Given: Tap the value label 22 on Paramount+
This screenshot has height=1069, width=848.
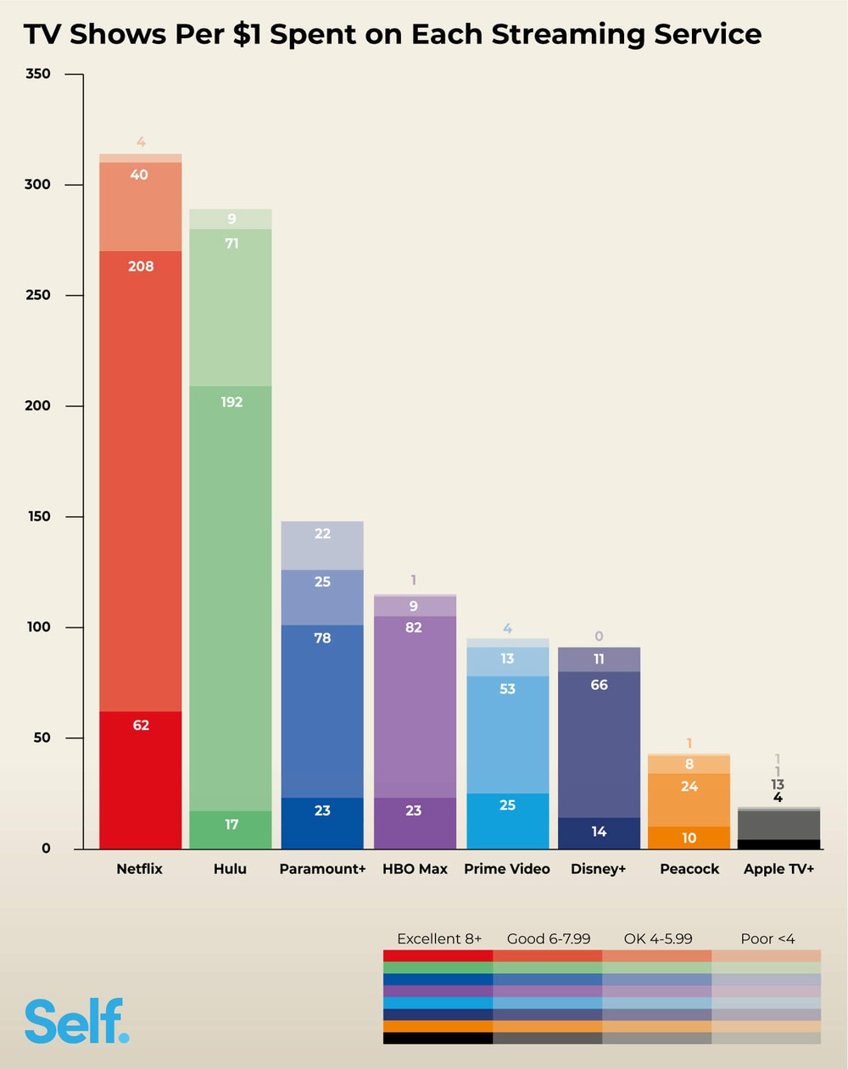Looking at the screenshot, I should coord(322,533).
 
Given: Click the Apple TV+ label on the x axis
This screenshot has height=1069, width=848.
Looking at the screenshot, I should coord(778,869).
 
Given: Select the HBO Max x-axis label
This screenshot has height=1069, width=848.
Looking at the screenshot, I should coord(415,869).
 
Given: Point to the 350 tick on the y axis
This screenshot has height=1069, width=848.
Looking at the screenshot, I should coord(38,74).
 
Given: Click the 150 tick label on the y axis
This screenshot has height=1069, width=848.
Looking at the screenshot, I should coord(38,516).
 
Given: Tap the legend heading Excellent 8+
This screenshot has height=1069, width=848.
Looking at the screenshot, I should coord(439,938).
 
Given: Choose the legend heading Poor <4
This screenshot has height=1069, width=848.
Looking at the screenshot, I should coord(767,938).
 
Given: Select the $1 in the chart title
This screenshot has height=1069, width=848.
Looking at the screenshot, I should coord(247,34).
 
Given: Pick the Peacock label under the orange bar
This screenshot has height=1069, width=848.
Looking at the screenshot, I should coord(689,869).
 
